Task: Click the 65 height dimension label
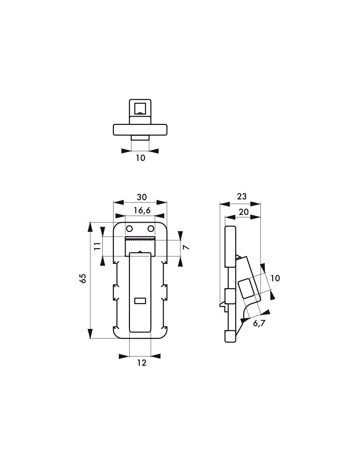tap(83, 279)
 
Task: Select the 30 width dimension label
tap(142, 197)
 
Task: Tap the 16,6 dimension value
tap(142, 211)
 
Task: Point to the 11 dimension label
tap(97, 246)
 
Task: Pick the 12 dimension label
tap(141, 363)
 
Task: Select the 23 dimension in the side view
tap(241, 196)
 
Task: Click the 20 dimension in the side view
tap(243, 212)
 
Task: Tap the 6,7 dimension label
tap(259, 323)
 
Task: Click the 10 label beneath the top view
tap(140, 158)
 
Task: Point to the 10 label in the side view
tap(275, 278)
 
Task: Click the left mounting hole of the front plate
tap(129, 228)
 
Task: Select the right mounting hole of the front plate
tap(151, 228)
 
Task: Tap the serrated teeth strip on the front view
tap(140, 239)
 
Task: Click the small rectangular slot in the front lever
tap(140, 300)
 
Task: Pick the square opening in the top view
tap(140, 108)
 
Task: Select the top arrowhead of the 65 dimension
tap(90, 226)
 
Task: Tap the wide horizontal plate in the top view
tap(140, 129)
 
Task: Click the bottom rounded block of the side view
tap(230, 336)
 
